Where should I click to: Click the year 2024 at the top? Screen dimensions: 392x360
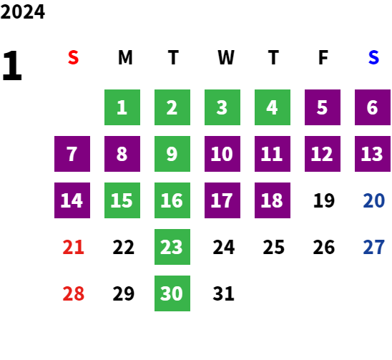click(22, 11)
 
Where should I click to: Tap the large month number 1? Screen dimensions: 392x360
click(12, 65)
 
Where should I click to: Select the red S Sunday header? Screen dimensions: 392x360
click(73, 57)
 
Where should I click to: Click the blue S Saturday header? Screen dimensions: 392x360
click(373, 57)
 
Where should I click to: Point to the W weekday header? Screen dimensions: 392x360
click(226, 57)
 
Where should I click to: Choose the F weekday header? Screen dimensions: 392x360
click(323, 57)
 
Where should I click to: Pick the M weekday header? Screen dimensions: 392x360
click(125, 57)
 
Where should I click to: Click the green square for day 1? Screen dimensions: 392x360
click(122, 107)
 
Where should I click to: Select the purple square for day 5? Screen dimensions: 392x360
click(323, 107)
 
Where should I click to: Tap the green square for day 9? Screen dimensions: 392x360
click(172, 154)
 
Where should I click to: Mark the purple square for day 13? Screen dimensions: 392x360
click(373, 154)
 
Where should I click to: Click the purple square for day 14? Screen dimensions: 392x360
click(72, 200)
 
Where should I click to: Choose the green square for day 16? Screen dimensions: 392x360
click(172, 200)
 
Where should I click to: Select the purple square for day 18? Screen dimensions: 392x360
click(273, 200)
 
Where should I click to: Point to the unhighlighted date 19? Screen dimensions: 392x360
click(324, 200)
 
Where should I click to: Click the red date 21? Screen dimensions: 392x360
click(73, 247)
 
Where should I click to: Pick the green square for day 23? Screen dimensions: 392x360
click(172, 247)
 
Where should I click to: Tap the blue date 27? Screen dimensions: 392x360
click(373, 247)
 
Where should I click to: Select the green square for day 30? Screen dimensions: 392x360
click(172, 293)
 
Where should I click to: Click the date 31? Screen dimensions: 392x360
click(223, 293)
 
